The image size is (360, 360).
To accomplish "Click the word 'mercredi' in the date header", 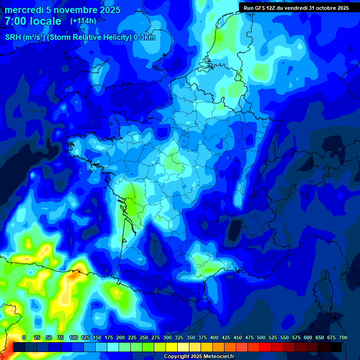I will click(x=23, y=10).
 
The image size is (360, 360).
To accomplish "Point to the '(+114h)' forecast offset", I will click(x=83, y=21).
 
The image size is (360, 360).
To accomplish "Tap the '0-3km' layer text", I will click(x=144, y=37).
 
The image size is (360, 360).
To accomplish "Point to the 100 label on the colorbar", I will click(x=73, y=337).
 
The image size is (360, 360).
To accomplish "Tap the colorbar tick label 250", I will click(x=143, y=337).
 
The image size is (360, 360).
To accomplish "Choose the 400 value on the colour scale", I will click(x=214, y=337).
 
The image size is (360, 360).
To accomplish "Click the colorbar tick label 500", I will click(x=261, y=337).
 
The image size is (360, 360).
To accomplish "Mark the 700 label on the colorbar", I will click(x=343, y=337).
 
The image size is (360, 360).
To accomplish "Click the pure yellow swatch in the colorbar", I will click(x=171, y=347).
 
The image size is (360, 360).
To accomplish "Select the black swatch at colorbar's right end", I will click(x=336, y=347).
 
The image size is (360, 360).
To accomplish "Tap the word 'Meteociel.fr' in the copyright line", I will click(x=218, y=357).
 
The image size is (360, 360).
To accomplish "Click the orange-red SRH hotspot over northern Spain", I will click(x=74, y=275).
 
